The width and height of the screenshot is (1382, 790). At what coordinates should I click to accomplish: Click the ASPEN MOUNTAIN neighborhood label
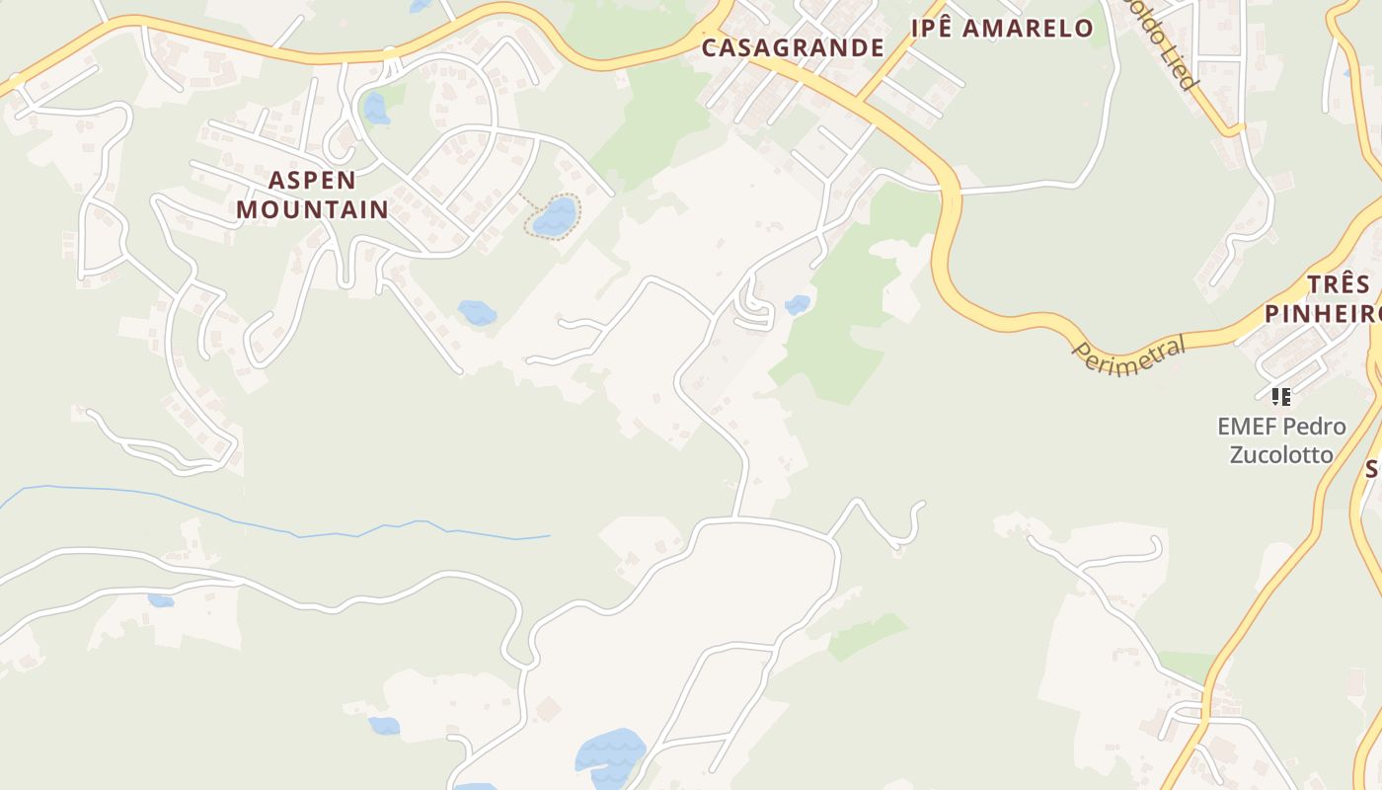pos(312,195)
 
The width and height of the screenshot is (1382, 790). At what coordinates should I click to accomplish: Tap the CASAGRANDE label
pos(793,47)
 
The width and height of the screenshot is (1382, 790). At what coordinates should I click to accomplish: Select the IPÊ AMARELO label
pos(1001,28)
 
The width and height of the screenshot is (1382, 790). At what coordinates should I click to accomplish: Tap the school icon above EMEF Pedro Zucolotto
pos(1281,397)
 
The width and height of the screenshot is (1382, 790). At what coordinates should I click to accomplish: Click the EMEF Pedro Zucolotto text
pos(1280,440)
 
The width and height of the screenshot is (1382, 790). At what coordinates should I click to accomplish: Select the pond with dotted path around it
pos(555,215)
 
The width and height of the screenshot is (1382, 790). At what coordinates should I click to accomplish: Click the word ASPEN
pos(312,180)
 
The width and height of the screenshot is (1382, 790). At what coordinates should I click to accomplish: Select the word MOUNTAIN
pos(312,209)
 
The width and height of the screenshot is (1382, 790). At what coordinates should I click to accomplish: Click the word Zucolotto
pos(1280,454)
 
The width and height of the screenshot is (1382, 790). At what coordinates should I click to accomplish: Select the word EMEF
pos(1249,427)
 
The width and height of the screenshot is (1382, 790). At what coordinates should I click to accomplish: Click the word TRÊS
pos(1339,285)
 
